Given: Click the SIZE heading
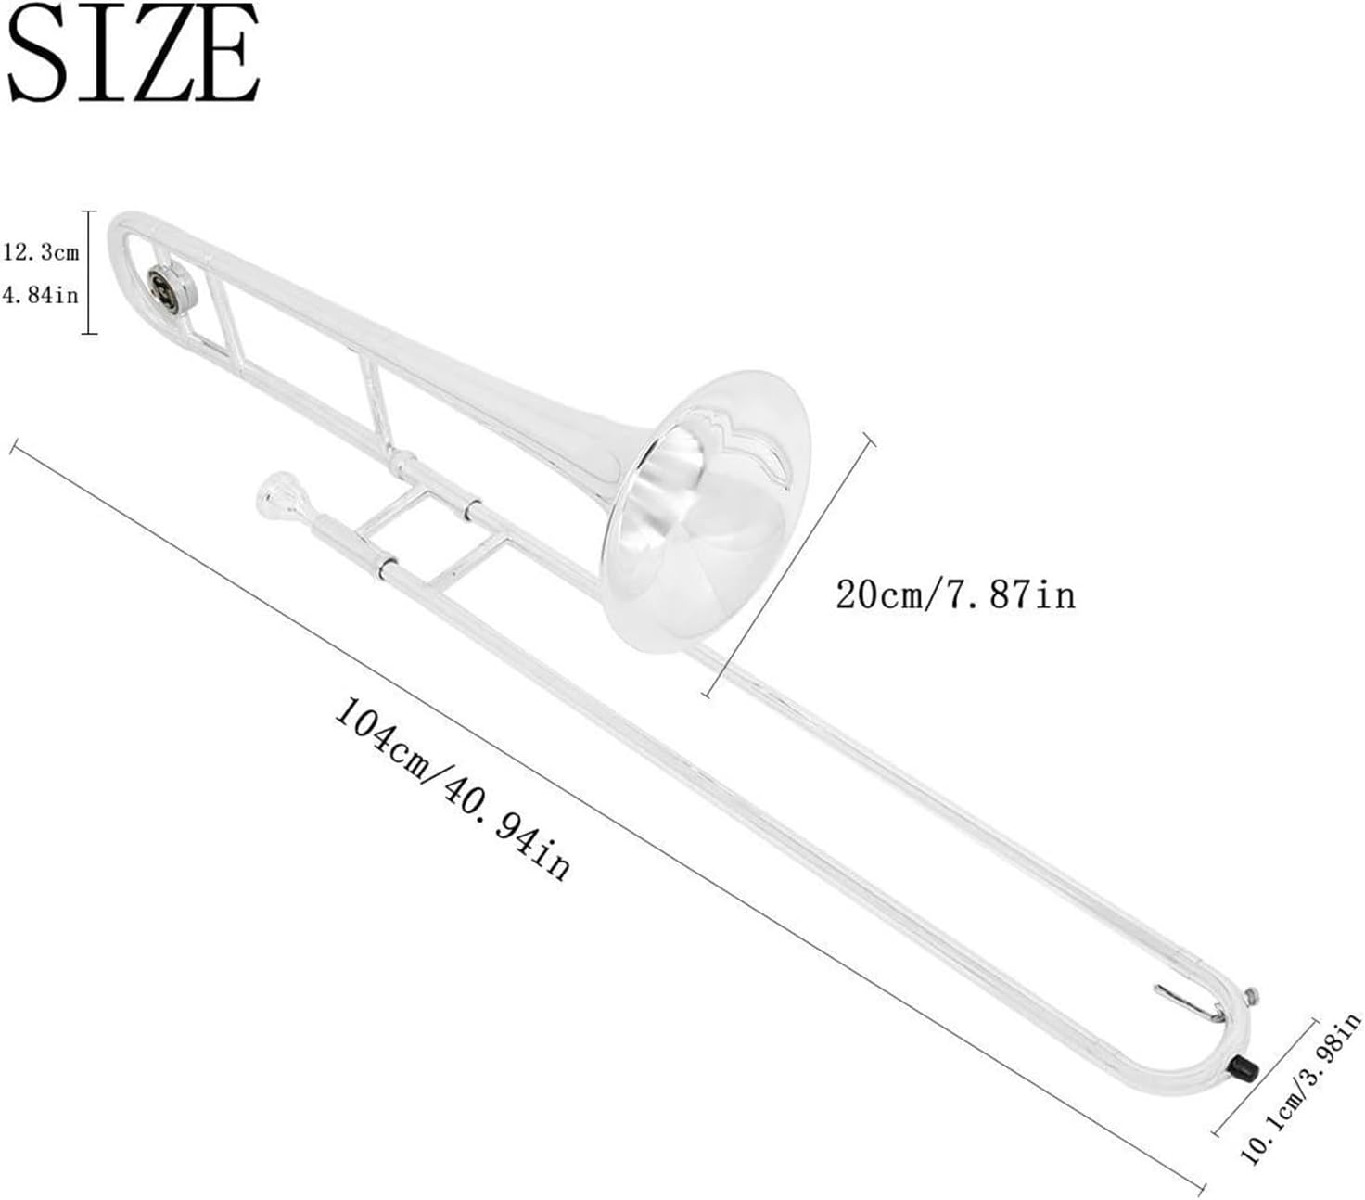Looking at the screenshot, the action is [133, 53].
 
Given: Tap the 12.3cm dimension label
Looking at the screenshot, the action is [41, 252].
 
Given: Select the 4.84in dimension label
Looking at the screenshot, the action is [41, 295].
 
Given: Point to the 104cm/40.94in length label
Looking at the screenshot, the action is [453, 788].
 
